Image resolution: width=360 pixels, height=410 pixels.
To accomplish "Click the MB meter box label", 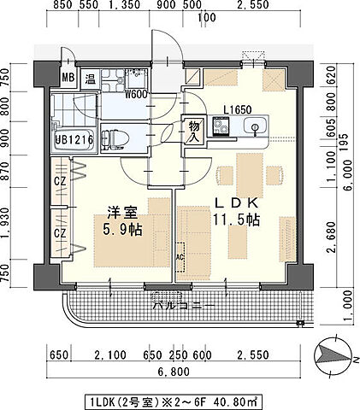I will [x=68, y=80].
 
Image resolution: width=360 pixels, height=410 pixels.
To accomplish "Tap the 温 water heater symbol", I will [x=88, y=80].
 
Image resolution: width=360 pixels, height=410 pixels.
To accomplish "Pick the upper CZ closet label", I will [x=61, y=182].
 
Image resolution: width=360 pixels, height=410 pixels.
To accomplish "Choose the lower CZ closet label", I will [x=61, y=231].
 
